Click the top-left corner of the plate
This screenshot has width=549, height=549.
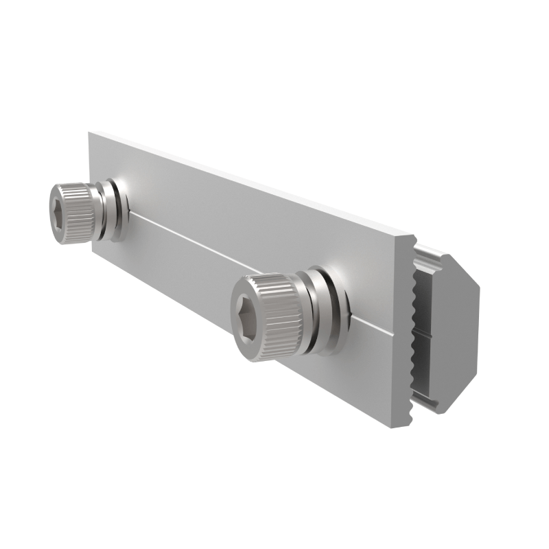(90, 133)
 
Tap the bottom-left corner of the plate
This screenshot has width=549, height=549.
(93, 251)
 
